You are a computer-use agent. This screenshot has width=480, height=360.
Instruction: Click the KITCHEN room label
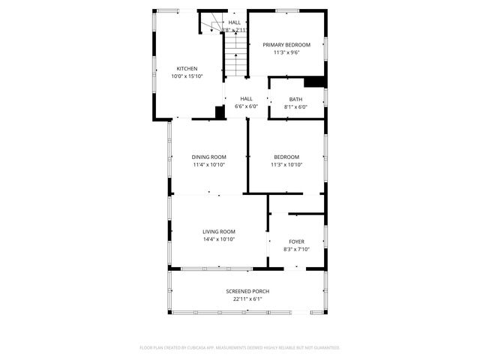click(187, 68)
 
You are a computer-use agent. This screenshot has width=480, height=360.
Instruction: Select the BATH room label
click(295, 99)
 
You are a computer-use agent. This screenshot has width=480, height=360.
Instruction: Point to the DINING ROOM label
click(208, 157)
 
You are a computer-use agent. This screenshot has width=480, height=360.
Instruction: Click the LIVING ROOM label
click(219, 231)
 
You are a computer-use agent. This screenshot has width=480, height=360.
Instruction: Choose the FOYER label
click(296, 241)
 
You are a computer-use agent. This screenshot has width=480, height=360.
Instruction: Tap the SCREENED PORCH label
click(247, 291)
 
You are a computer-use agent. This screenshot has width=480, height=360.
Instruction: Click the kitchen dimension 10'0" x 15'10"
click(187, 76)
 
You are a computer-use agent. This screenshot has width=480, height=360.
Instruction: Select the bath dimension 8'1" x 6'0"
click(295, 106)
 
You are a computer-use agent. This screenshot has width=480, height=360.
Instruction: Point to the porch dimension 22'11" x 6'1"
click(247, 298)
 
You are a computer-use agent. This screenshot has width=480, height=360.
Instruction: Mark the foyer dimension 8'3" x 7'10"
click(296, 249)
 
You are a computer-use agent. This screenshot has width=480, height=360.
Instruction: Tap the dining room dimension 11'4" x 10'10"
click(208, 164)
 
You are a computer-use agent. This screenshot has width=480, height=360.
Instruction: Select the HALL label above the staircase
click(235, 22)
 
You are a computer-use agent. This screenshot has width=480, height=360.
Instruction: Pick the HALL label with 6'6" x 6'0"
click(246, 99)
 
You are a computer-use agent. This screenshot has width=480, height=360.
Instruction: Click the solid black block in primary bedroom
click(315, 82)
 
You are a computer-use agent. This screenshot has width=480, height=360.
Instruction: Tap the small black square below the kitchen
click(220, 112)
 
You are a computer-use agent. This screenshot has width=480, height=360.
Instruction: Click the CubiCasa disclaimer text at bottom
click(240, 347)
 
